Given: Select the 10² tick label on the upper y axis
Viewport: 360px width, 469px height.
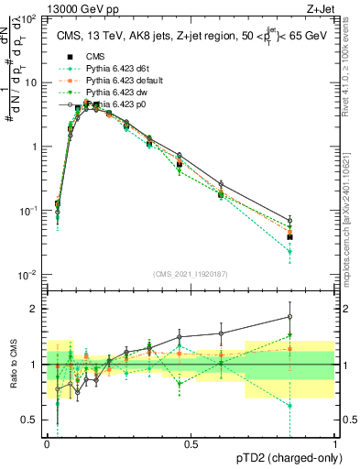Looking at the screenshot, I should pyautogui.click(x=29, y=18).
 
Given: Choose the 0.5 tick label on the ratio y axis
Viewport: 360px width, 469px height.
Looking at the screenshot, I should pyautogui.click(x=31, y=420).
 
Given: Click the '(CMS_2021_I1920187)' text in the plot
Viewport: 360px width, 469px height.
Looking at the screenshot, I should pyautogui.click(x=191, y=275).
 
